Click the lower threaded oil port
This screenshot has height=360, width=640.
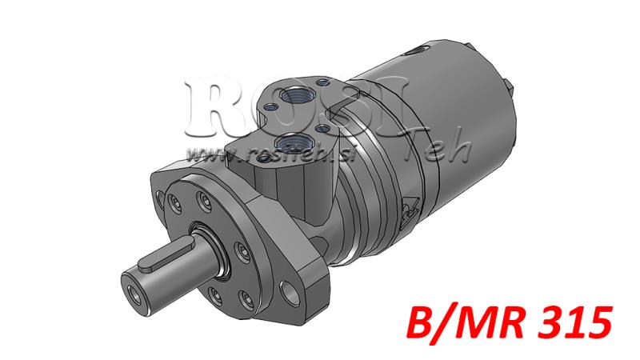point(293,142)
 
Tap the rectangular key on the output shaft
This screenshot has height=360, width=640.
point(169,255)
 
